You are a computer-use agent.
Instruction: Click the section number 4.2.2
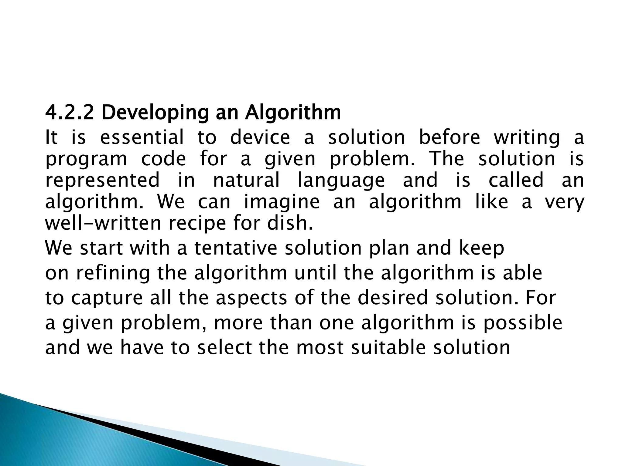click(x=69, y=113)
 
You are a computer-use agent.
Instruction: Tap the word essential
click(x=142, y=137)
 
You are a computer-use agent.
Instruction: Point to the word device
click(x=260, y=137)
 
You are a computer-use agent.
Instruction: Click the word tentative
click(x=236, y=248)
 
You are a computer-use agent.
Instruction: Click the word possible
click(x=523, y=323)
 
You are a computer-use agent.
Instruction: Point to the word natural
click(x=246, y=180)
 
